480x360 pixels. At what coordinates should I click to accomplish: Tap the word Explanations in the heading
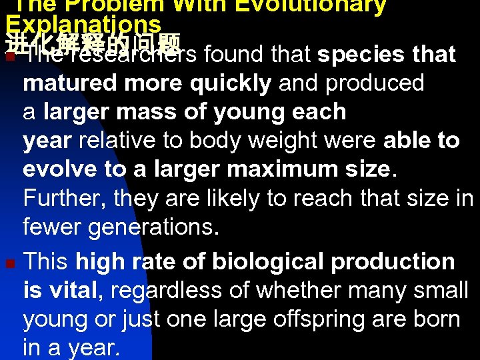click(x=83, y=25)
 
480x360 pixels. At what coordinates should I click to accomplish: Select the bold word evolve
click(x=61, y=169)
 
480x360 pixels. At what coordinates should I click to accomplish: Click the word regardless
click(x=169, y=290)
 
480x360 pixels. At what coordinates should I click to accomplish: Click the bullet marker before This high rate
click(x=9, y=263)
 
